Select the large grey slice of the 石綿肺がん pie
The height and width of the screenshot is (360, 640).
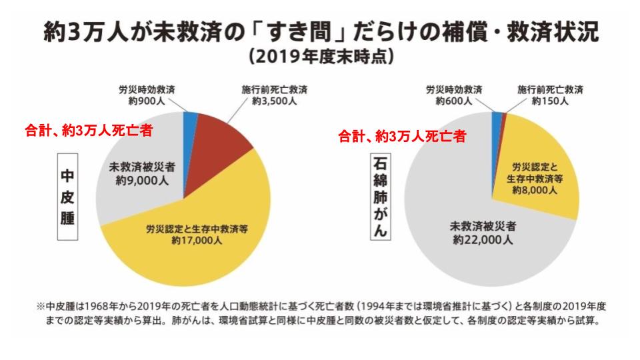click(467, 253)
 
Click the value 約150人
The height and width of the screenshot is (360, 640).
click(550, 101)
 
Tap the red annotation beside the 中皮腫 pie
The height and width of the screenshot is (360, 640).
click(88, 131)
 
